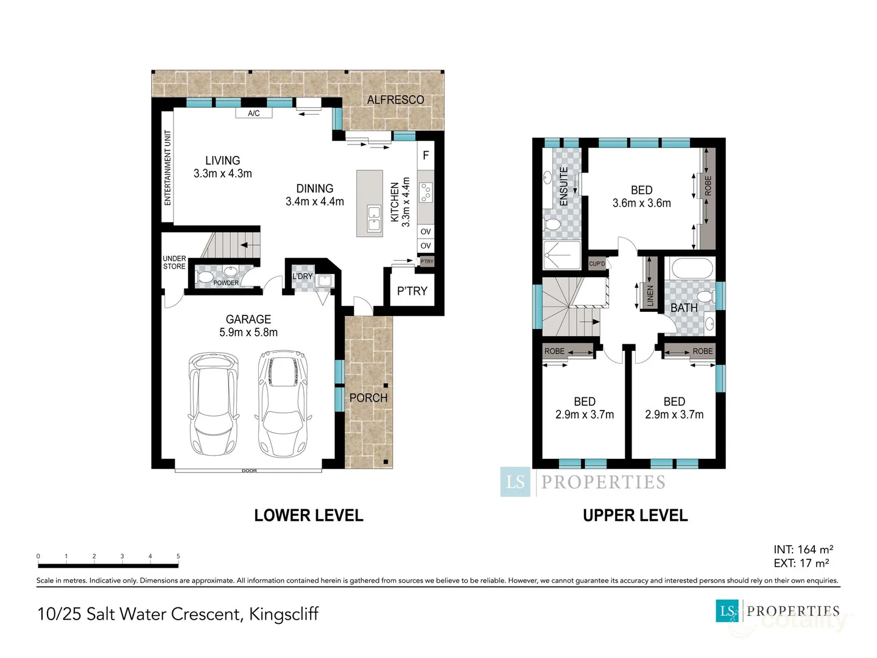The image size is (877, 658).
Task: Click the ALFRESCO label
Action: point(395,99)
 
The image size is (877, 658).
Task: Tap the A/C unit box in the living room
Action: point(253,113)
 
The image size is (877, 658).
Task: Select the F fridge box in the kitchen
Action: point(426,155)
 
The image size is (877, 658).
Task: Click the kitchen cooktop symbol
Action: point(426,193)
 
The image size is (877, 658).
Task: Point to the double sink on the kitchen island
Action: point(373,219)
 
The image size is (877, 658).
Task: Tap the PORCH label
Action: point(368,398)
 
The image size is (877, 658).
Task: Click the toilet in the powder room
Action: point(205,277)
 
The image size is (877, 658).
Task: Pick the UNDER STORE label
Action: point(174,263)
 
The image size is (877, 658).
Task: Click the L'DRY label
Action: point(302,276)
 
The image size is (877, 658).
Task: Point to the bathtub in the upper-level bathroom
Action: point(691,268)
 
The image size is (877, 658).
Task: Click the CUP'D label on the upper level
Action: point(597,264)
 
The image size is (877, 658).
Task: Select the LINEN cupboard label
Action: point(650,295)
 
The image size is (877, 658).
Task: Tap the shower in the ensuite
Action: point(562,255)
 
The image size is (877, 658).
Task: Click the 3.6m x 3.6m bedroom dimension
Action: point(641,203)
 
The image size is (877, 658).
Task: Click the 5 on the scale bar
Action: point(178,556)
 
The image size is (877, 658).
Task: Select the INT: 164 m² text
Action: point(803,550)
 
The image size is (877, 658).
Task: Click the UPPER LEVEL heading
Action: point(635,515)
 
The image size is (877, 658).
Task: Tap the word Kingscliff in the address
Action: point(283,614)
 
